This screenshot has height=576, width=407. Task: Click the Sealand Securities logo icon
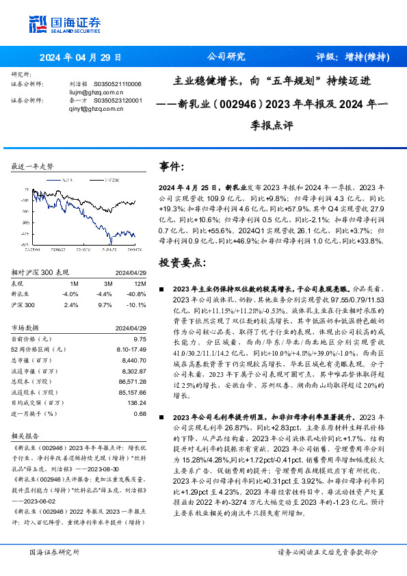click(38, 24)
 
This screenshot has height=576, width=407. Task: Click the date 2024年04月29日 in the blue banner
click(81, 57)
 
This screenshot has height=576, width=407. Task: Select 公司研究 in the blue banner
click(225, 57)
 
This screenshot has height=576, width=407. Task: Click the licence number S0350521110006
click(117, 83)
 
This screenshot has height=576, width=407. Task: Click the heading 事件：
click(172, 167)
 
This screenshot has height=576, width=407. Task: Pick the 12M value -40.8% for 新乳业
click(136, 293)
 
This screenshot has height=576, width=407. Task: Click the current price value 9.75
click(140, 339)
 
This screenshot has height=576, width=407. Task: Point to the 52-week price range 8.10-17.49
click(131, 349)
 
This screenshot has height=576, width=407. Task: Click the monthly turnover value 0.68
click(140, 413)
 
